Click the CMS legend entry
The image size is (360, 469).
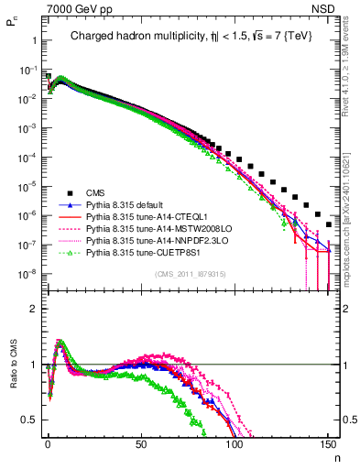click(96, 192)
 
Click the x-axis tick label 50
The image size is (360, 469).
click(140, 444)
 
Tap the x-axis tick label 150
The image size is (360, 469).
click(327, 444)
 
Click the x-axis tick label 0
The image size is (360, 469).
click(47, 444)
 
